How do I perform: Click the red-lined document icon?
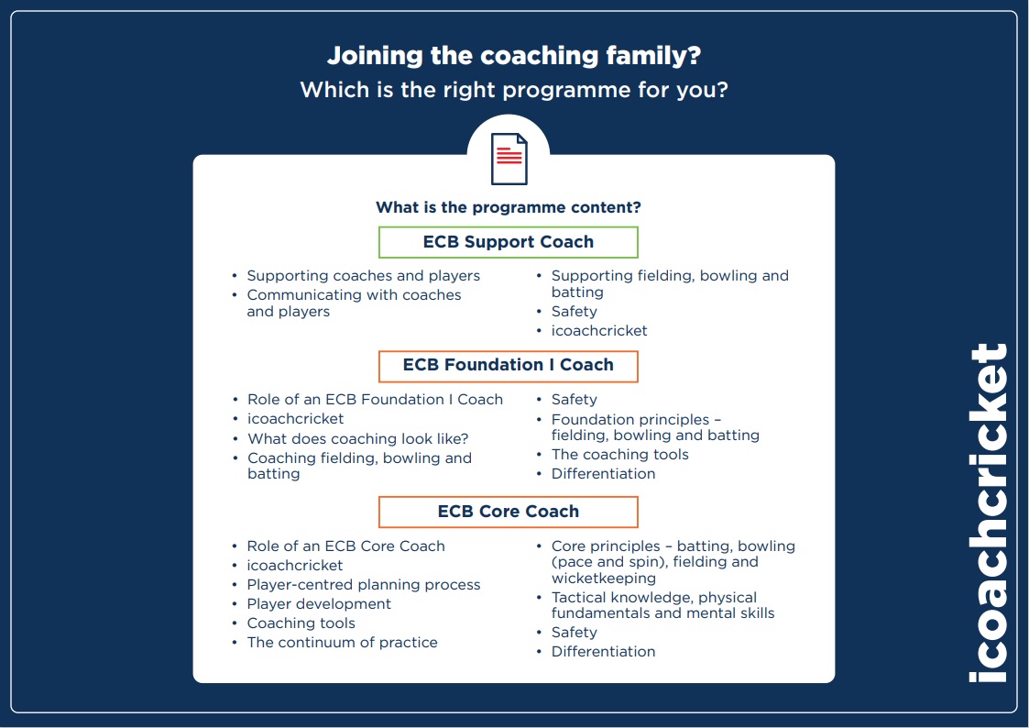tap(509, 159)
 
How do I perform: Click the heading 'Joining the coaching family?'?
tap(514, 56)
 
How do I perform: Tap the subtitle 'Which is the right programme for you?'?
tap(514, 90)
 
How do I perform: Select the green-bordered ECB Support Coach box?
tap(509, 242)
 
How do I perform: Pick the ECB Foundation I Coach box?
tap(509, 365)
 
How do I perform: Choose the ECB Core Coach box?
tap(509, 512)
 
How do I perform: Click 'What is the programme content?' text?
tap(509, 207)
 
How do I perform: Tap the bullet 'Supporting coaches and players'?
tap(363, 275)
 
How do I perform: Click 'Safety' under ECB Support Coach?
tap(574, 311)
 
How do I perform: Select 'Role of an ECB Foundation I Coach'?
tap(375, 399)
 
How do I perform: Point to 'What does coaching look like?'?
tap(357, 438)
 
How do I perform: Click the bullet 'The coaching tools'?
tap(619, 454)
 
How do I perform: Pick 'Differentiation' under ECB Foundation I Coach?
tap(603, 473)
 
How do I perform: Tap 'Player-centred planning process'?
tap(363, 584)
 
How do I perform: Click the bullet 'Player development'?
tap(319, 603)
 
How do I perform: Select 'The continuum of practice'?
tap(342, 642)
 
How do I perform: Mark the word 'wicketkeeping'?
tap(603, 578)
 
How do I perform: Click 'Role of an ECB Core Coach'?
tap(345, 546)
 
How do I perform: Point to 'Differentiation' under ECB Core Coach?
tap(603, 651)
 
